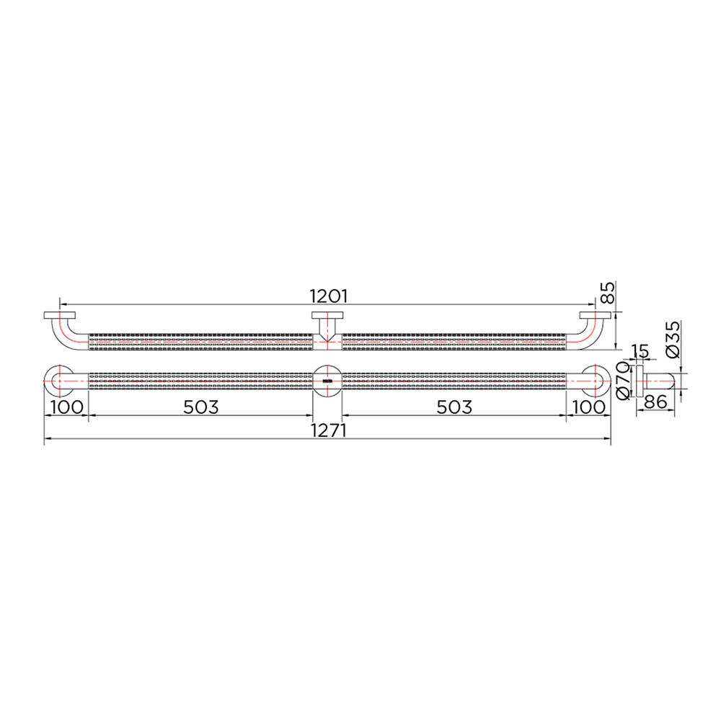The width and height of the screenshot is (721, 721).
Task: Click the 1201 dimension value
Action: pyautogui.click(x=329, y=296)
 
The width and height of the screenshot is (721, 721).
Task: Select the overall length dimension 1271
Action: pyautogui.click(x=329, y=430)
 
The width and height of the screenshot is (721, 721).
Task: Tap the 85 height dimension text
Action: pyautogui.click(x=608, y=292)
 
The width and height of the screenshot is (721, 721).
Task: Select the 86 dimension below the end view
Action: pyautogui.click(x=654, y=403)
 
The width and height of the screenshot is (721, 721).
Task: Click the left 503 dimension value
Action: pyautogui.click(x=200, y=407)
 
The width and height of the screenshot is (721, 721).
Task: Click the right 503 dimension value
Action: pyautogui.click(x=454, y=407)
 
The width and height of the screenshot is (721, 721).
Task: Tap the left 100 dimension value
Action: pyautogui.click(x=66, y=407)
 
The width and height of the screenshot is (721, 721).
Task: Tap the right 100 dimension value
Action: pyautogui.click(x=589, y=407)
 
